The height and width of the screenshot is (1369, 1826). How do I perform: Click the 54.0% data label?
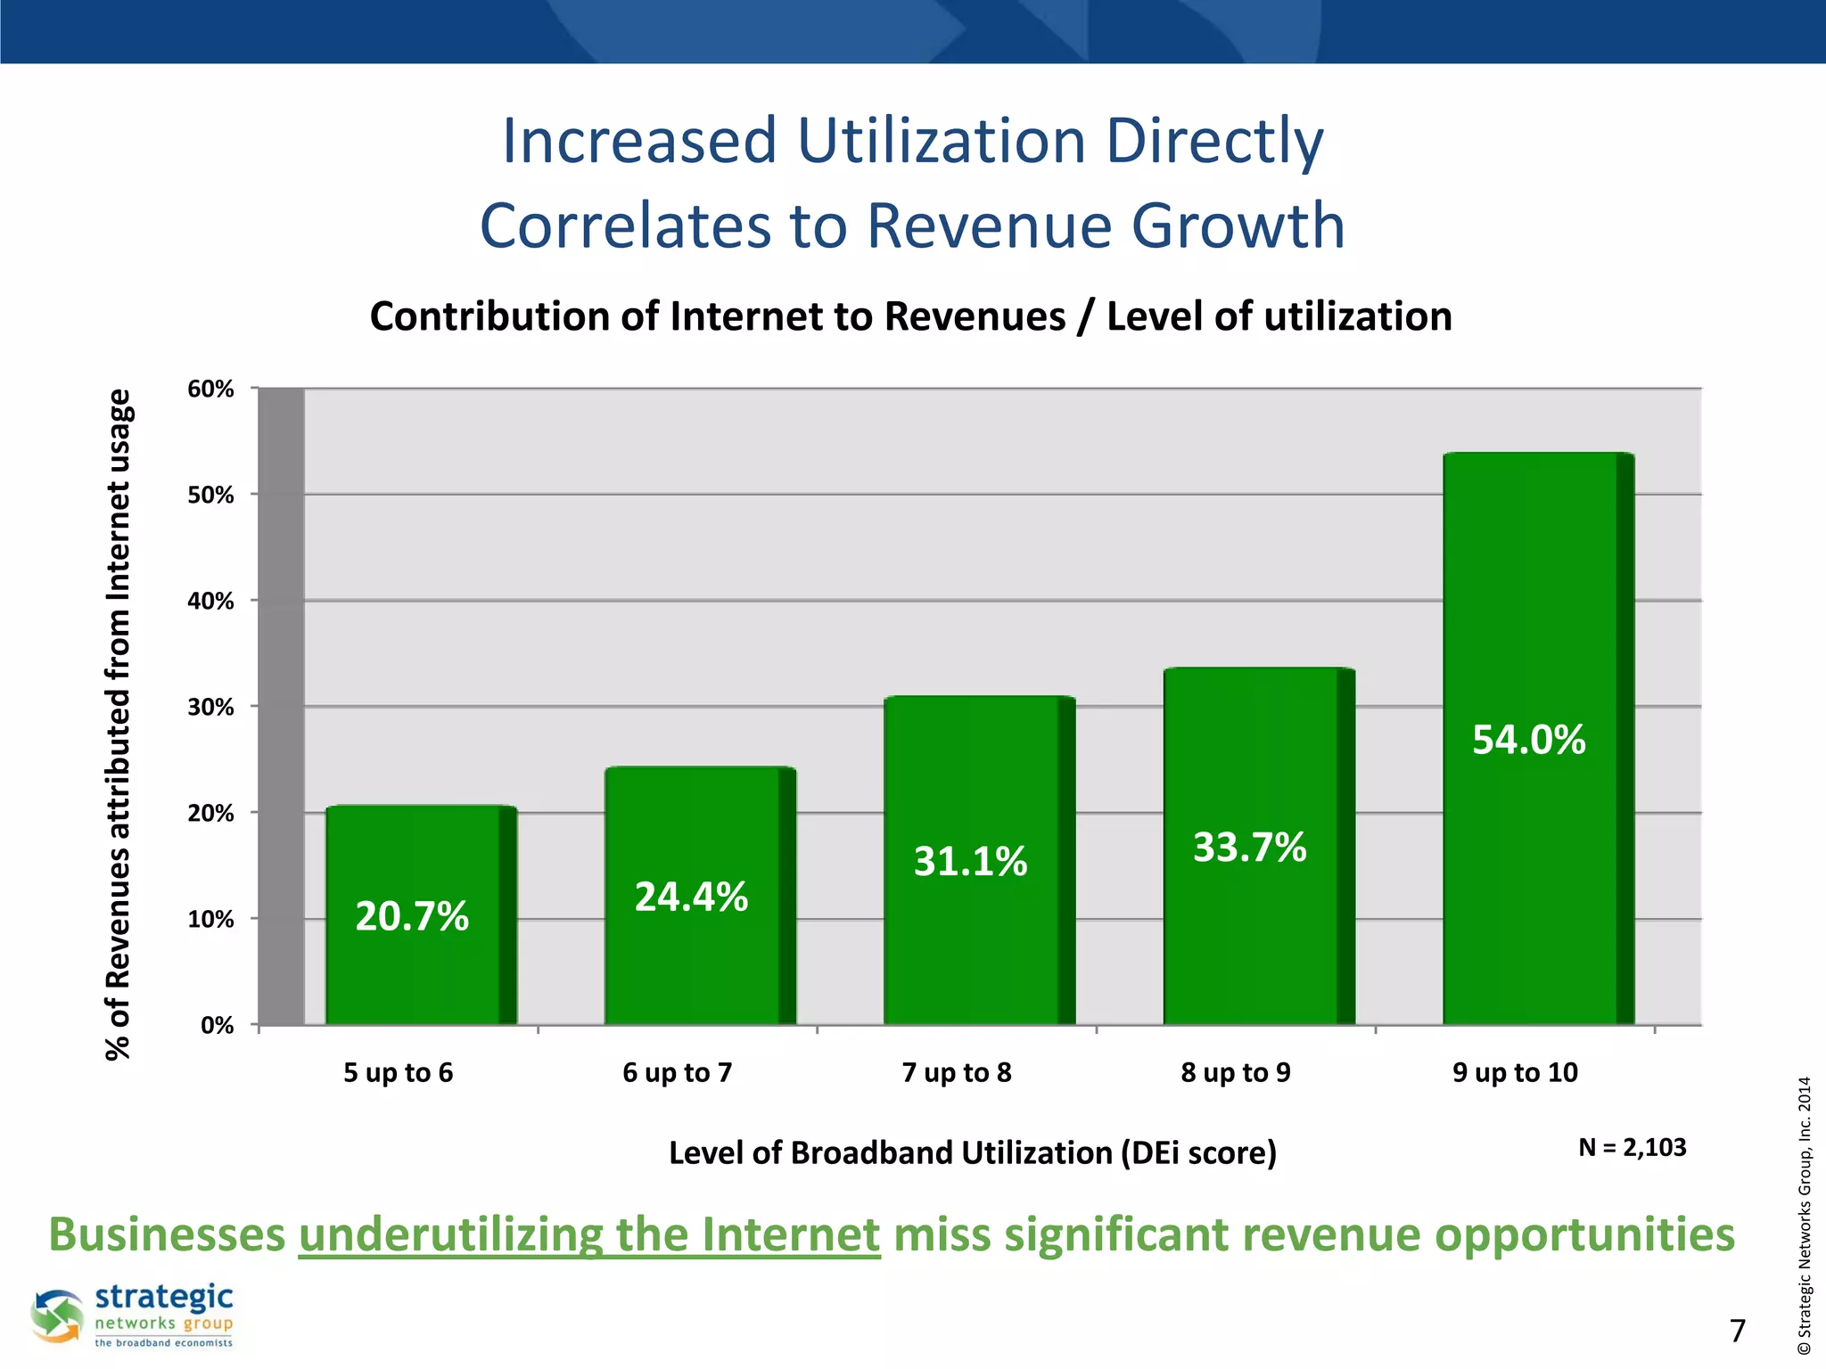coord(1528,740)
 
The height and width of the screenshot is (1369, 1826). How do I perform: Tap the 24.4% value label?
coord(691,897)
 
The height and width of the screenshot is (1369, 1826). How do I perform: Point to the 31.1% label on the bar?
coord(970,861)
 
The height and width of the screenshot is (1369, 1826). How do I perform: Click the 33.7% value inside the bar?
coord(1249,847)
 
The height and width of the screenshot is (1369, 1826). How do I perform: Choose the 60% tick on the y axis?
coord(211,389)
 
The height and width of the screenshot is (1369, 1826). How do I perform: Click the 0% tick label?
coord(217,1025)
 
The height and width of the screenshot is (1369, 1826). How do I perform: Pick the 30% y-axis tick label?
coord(211,707)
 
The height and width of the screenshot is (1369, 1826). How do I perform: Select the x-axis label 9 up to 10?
coord(1515,1072)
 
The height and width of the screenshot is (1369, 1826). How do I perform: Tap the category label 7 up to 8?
coord(957,1072)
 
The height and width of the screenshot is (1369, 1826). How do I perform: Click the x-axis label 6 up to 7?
coord(677,1072)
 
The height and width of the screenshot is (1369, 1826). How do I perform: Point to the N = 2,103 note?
coord(1632,1147)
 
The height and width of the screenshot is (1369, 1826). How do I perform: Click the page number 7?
coord(1738,1331)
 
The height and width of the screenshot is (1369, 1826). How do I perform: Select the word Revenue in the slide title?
coord(989,225)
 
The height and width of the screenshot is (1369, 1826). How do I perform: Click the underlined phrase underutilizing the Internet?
coord(589,1234)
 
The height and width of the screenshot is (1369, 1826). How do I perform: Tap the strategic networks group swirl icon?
coord(57,1316)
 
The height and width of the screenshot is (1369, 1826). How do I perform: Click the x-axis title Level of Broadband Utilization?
coord(972,1152)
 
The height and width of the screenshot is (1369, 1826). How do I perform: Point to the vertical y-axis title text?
coord(119,724)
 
